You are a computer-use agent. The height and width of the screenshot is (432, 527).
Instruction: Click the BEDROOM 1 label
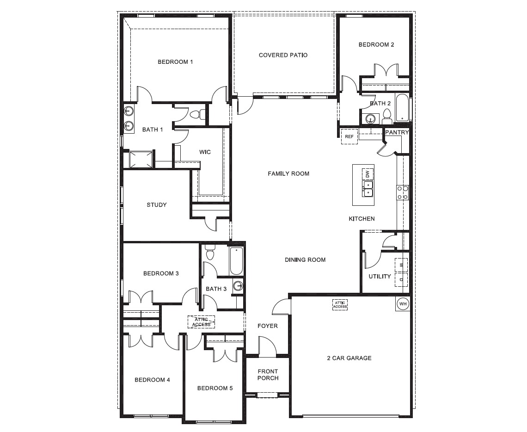(x=175, y=62)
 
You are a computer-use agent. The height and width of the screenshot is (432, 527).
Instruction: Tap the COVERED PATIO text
(x=283, y=55)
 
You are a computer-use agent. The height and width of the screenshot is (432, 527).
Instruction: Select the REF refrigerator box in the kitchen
(x=349, y=136)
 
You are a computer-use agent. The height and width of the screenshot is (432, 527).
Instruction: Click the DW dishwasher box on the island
(x=368, y=174)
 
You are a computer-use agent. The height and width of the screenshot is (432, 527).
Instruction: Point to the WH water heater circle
(x=402, y=304)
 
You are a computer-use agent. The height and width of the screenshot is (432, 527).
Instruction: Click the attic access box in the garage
(x=340, y=304)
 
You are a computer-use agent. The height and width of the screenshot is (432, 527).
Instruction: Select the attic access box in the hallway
(x=201, y=322)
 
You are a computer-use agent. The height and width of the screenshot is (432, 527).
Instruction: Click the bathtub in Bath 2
(x=402, y=108)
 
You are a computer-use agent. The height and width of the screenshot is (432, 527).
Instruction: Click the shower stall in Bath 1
(x=141, y=160)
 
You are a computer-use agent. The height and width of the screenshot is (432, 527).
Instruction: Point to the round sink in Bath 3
(x=238, y=285)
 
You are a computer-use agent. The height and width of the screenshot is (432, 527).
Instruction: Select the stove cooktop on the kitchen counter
(x=402, y=192)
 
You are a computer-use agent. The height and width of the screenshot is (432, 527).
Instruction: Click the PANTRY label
(x=397, y=132)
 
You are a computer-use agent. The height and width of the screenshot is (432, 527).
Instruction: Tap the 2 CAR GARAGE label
(x=349, y=358)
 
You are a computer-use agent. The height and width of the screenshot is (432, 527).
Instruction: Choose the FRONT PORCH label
(x=268, y=375)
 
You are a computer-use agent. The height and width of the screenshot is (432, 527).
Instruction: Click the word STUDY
(x=157, y=205)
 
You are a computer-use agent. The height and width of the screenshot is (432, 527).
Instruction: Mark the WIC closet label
(x=205, y=152)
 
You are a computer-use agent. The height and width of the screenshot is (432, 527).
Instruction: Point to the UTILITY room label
(x=380, y=277)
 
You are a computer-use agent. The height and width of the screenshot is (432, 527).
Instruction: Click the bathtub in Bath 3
(x=236, y=261)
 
